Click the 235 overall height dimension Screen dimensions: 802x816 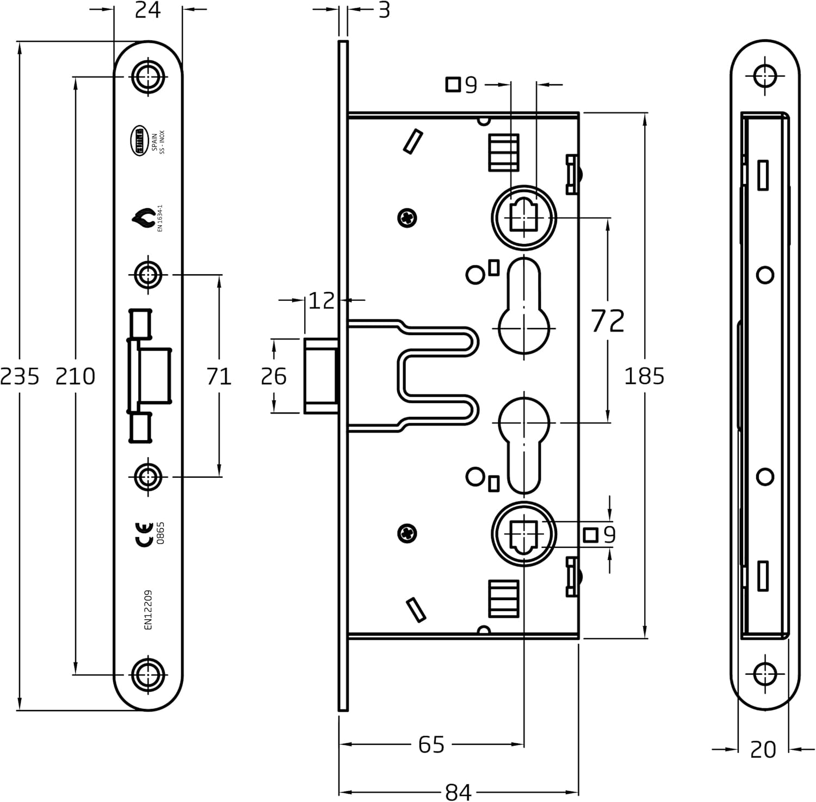click(x=20, y=376)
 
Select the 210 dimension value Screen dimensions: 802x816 click(x=75, y=376)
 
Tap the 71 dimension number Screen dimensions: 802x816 click(x=219, y=376)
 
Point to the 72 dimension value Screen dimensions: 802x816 click(x=608, y=321)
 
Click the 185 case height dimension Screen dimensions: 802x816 click(x=644, y=376)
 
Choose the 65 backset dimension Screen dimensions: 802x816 click(x=431, y=744)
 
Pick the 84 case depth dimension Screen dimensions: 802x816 click(x=458, y=792)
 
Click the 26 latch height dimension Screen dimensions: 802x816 click(x=273, y=376)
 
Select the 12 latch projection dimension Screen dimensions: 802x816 click(x=321, y=300)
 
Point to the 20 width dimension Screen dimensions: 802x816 click(x=763, y=750)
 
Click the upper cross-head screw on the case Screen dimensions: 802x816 click(x=407, y=218)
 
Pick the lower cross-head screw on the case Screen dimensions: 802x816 click(x=407, y=533)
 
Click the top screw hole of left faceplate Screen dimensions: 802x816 click(x=148, y=77)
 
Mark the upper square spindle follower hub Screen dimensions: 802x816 click(x=524, y=217)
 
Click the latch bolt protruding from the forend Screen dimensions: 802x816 click(x=322, y=376)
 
